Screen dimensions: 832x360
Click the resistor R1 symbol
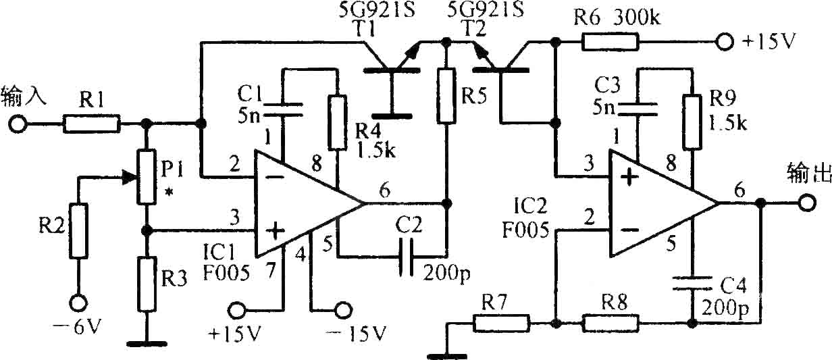coord(92,124)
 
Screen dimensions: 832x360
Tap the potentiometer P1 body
coord(147,177)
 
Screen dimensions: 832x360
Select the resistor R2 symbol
coord(78,231)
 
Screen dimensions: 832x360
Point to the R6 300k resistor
coord(610,42)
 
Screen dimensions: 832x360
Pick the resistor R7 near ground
coord(501,324)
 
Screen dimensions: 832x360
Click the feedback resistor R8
coord(610,324)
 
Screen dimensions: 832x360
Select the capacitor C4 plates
coord(692,283)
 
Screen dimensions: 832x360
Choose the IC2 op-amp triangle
coord(664,203)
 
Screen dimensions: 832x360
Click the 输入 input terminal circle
coord(18,124)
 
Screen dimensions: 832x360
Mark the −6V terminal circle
coord(78,303)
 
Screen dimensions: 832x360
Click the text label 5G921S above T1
coord(377,10)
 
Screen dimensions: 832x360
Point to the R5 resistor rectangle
coord(446,95)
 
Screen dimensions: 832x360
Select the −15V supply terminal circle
coord(343,309)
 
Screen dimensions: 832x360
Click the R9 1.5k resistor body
coord(692,122)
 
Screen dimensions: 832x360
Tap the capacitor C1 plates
coord(283,109)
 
